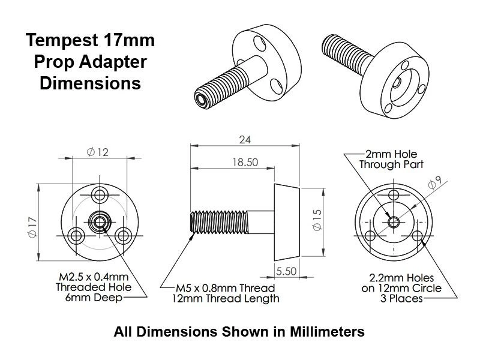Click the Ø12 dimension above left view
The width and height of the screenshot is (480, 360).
[x=97, y=152]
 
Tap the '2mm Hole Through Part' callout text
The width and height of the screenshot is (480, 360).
[x=391, y=158]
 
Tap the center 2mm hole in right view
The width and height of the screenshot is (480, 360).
[x=393, y=221]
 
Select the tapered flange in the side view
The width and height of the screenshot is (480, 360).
[x=287, y=221]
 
